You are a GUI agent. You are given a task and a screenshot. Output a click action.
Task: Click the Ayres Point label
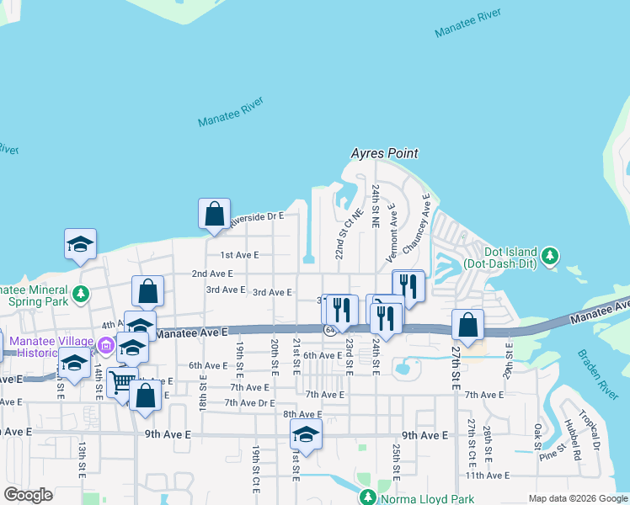(385, 153)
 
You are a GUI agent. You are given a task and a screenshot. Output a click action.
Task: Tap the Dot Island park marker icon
(550, 254)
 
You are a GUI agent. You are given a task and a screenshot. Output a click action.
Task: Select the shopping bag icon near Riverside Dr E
(214, 214)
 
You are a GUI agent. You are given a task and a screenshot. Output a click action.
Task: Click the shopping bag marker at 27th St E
(467, 325)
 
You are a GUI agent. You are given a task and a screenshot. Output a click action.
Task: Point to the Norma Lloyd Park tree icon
(367, 497)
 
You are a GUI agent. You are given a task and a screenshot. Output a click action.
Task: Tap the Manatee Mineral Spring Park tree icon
(80, 295)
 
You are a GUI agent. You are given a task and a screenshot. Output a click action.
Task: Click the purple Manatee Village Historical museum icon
(105, 345)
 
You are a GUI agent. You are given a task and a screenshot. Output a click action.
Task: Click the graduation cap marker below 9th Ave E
(306, 435)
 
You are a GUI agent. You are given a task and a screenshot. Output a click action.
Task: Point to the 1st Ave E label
(239, 254)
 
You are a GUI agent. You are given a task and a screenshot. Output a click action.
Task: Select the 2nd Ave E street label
(211, 274)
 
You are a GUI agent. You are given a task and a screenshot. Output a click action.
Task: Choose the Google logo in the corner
(28, 495)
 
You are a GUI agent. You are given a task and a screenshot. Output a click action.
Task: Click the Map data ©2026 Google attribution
(577, 498)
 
